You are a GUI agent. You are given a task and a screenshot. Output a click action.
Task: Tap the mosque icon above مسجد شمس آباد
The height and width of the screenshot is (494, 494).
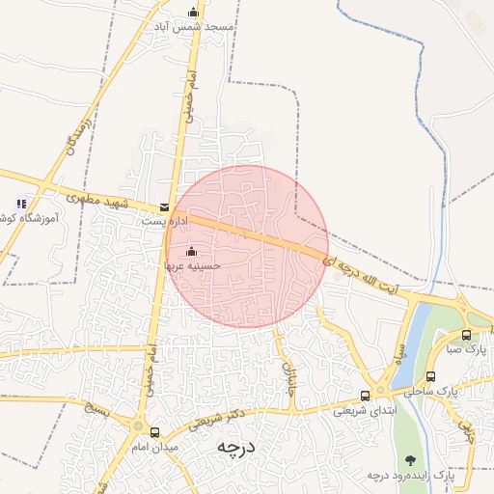(x=194, y=13)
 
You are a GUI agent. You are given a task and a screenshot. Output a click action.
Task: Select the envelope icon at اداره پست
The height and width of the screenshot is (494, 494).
(x=164, y=206)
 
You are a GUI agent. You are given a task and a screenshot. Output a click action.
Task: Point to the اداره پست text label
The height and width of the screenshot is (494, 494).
(x=160, y=221)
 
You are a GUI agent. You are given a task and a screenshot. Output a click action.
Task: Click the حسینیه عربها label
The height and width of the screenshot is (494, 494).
(x=192, y=263)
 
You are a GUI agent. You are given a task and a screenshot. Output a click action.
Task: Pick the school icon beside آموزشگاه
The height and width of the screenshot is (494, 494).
(x=21, y=204)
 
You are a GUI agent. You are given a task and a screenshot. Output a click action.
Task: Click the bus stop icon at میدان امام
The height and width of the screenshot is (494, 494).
(x=155, y=431)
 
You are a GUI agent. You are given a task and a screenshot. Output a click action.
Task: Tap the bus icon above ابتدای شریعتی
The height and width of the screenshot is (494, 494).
(x=365, y=396)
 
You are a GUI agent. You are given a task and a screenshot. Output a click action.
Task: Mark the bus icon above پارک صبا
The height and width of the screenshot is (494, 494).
(x=467, y=335)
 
